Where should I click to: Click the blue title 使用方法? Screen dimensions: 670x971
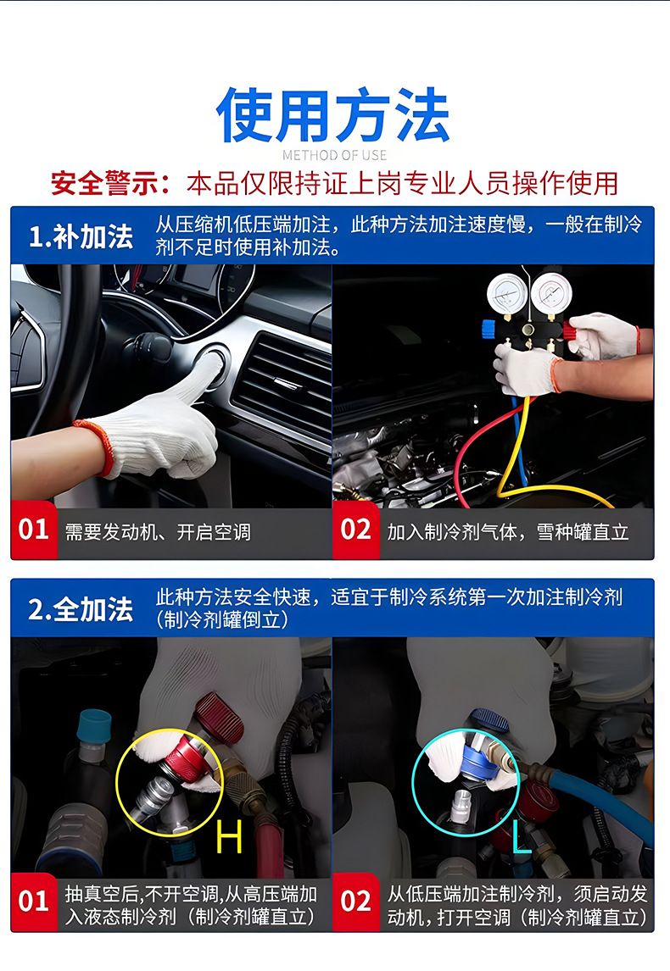pos(332,115)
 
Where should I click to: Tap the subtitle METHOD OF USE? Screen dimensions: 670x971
pos(334,155)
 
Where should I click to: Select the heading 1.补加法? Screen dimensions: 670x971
pos(81,236)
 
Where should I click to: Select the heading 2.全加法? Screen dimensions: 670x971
pos(81,609)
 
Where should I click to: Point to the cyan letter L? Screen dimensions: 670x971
pos(522,834)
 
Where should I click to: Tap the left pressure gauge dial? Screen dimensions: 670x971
pos(507,295)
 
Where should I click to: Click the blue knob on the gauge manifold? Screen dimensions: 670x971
pos(489,328)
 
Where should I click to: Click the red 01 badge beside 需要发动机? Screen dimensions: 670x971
pos(33,530)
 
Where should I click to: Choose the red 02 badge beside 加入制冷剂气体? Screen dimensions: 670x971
pos(355,530)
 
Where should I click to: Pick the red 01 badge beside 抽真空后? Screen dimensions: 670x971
pos(33,902)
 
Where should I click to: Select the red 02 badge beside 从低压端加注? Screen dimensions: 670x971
pos(355,902)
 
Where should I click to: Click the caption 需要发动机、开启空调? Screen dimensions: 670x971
pos(158,532)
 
